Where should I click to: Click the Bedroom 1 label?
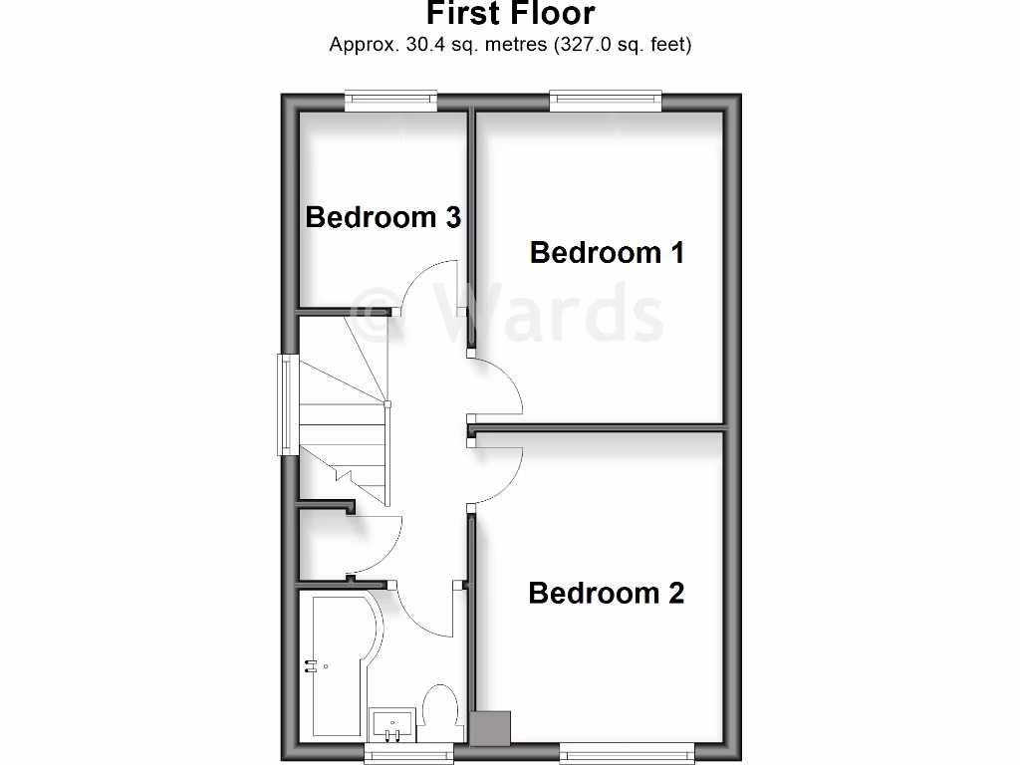607,253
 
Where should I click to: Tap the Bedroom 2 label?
606,594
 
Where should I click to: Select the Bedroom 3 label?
382,217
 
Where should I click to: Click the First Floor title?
511,14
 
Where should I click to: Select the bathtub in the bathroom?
339,662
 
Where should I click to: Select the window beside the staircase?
286,404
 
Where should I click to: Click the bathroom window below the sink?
408,753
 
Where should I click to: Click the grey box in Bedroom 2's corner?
491,726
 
